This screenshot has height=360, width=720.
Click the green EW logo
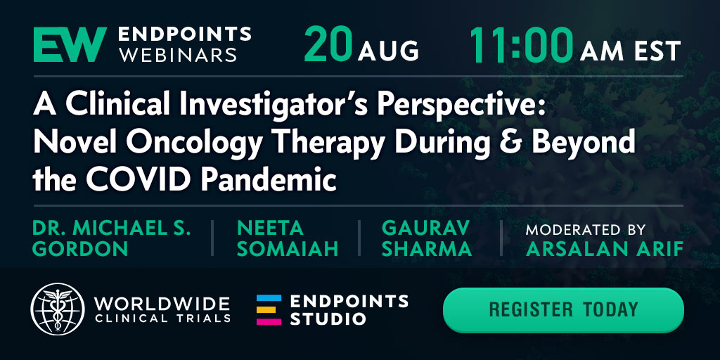70,44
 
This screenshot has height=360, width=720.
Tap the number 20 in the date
328,44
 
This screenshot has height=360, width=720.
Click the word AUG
388,51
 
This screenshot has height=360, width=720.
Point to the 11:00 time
521,44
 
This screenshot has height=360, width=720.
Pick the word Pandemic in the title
269,179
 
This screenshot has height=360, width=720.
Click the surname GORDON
80,248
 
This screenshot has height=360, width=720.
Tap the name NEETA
270,228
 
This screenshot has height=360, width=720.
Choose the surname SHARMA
426,248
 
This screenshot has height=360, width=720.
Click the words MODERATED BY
586,229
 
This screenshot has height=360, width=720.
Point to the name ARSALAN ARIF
604,248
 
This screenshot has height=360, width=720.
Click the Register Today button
563,309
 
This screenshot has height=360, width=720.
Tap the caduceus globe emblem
58,309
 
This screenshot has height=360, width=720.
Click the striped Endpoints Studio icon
269,310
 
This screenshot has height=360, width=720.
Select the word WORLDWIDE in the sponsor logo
162,304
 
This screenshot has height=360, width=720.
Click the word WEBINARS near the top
177,54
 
